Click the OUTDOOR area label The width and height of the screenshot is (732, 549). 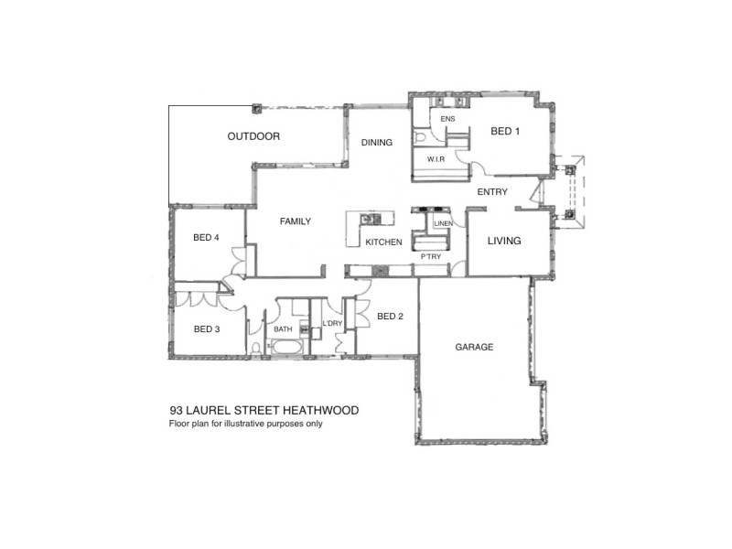pos(253,136)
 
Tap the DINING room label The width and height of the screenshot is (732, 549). pos(377,142)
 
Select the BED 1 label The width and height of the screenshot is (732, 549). pos(505,132)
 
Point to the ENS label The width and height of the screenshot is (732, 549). pos(447,120)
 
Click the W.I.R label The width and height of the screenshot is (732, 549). pos(436,159)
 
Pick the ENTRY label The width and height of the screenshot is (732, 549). pos(492,191)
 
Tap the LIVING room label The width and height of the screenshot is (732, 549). pos(503,241)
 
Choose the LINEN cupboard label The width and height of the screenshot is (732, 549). pos(443,223)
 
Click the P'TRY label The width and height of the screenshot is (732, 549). pos(431,257)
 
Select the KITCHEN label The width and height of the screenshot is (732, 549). pos(384,242)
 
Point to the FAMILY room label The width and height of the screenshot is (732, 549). pos(296,221)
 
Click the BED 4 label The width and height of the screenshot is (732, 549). pos(206,238)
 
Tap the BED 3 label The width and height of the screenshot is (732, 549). pos(206,328)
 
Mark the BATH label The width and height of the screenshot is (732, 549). pos(283,328)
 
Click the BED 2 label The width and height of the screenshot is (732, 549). pos(390,317)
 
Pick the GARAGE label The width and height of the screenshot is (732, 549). pos(474,348)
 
